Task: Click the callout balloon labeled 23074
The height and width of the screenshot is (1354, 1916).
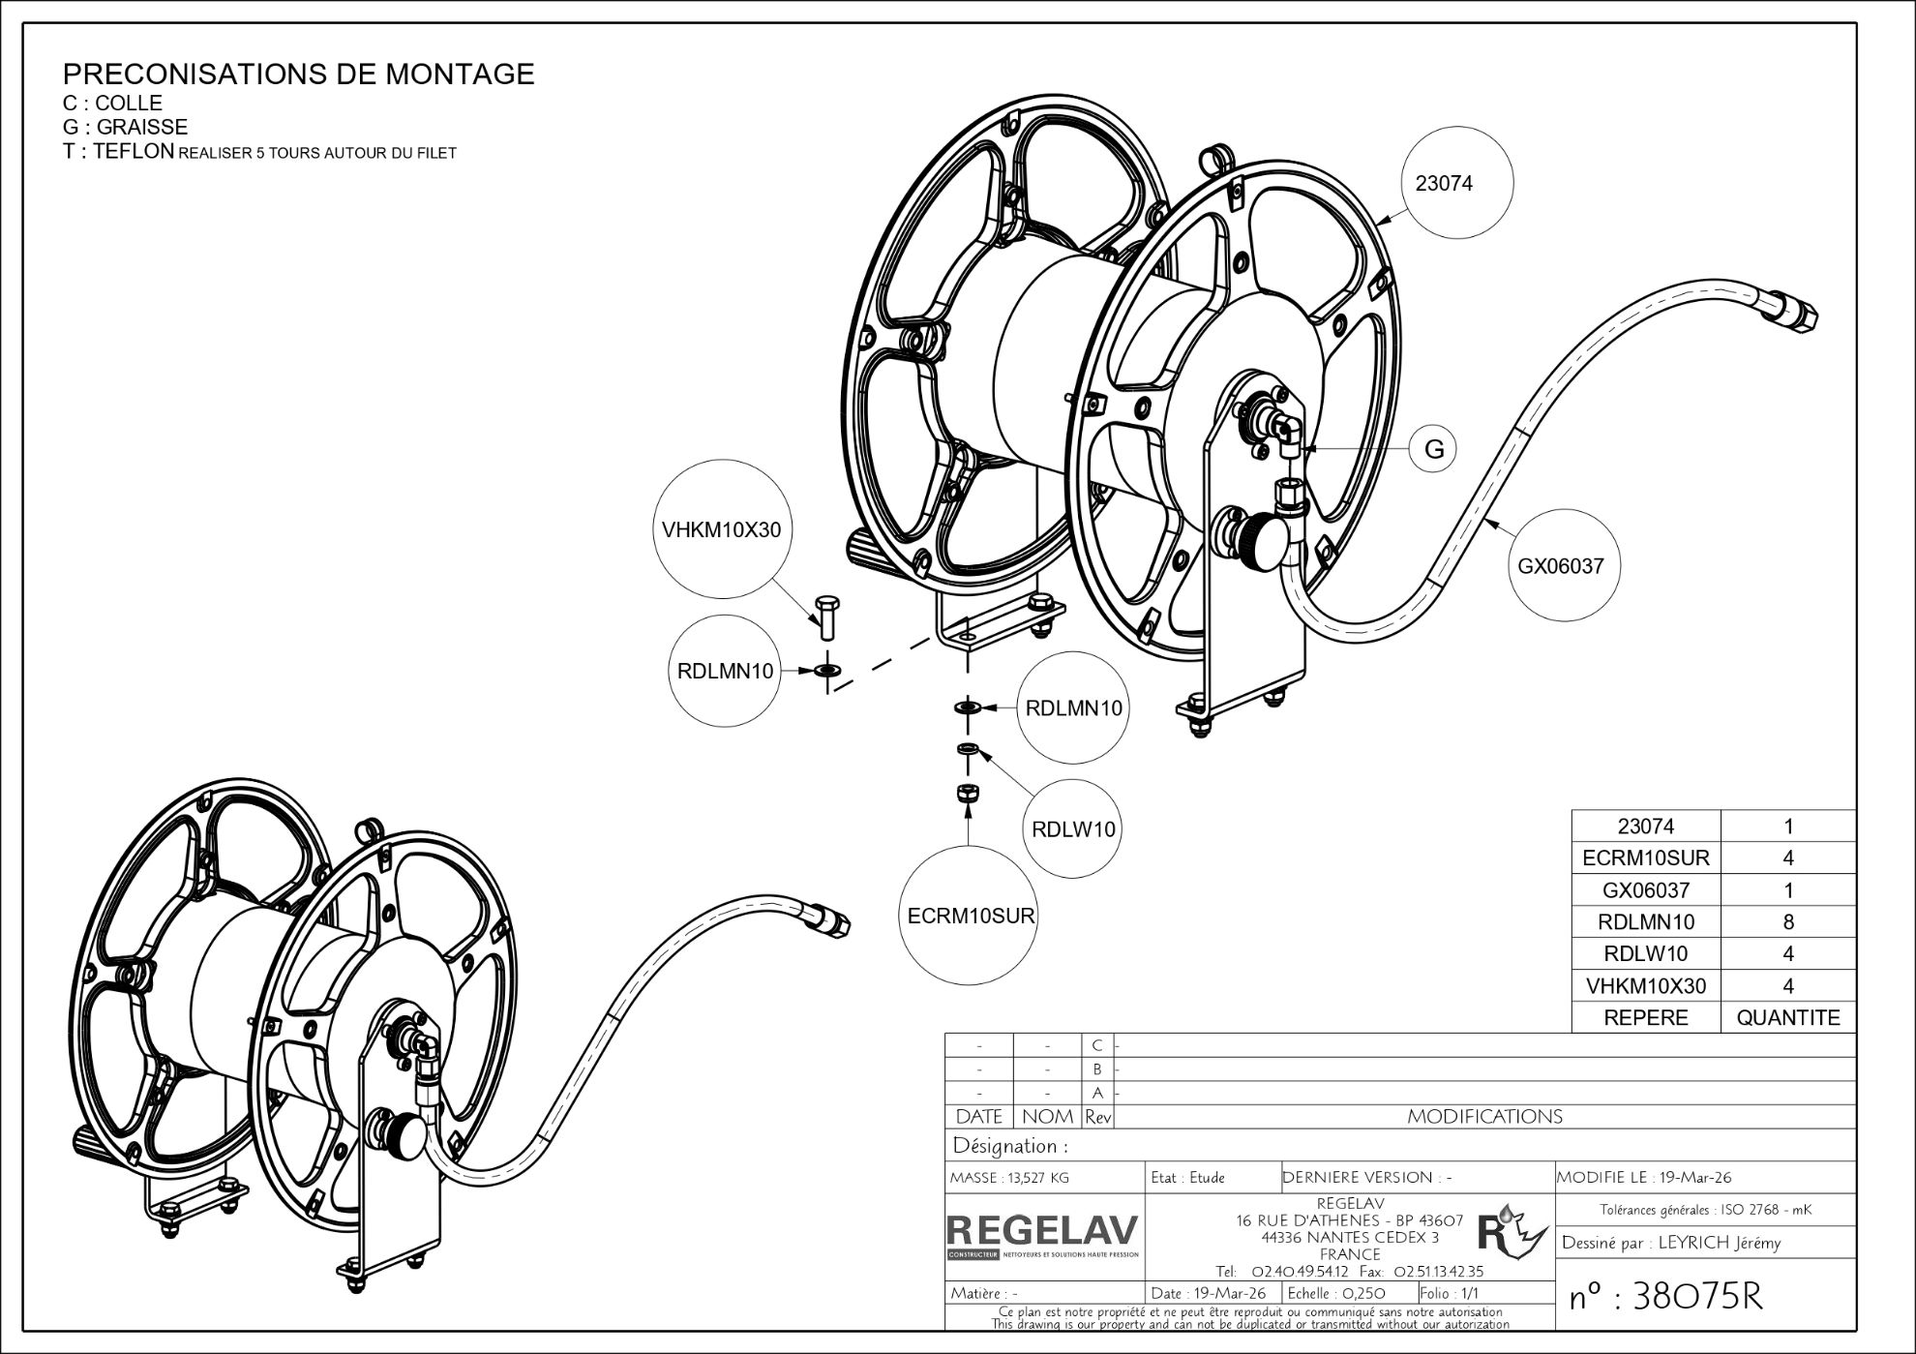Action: tap(1444, 183)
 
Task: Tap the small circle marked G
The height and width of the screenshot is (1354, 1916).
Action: tap(1434, 449)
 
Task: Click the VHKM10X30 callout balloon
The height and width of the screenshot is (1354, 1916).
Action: tap(721, 530)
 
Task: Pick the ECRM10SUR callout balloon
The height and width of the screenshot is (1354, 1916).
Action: tap(971, 916)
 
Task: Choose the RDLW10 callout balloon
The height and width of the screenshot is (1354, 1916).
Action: tap(1073, 829)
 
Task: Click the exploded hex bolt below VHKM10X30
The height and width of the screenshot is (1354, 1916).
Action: tap(826, 617)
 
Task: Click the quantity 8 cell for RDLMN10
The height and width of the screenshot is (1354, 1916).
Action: tap(1787, 921)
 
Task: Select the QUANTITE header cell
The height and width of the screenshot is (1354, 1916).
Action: tap(1787, 1017)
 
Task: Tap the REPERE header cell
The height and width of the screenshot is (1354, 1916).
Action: tap(1645, 1017)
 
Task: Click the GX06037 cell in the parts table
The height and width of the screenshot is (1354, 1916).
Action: tap(1645, 889)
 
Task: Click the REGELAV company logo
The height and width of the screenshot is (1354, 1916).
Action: tap(1043, 1234)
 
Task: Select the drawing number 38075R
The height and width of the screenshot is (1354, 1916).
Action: tap(1665, 1297)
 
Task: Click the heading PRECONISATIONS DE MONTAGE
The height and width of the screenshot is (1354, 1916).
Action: tap(298, 75)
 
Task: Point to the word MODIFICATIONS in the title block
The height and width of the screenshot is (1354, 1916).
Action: tap(1484, 1117)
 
